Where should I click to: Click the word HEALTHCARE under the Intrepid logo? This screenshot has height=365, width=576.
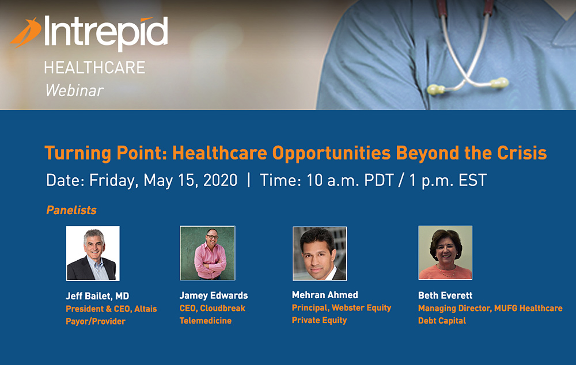94,67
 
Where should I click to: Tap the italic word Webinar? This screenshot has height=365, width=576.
74,90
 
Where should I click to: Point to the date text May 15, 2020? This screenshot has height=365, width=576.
190,180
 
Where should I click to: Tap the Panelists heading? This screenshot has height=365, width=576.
71,210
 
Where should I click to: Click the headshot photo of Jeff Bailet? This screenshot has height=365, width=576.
93,253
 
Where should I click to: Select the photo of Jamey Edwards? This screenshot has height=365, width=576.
207,253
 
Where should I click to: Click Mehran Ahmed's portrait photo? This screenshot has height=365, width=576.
320,253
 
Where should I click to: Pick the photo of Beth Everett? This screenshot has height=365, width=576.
445,253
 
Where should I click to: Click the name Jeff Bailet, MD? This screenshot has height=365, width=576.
97,296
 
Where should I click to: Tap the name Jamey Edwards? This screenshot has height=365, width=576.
214,295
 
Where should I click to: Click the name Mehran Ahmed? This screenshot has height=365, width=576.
325,295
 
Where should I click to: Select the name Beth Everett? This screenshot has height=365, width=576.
445,295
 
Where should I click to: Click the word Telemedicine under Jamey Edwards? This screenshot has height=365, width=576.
206,321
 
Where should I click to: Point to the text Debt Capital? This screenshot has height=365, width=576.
442,321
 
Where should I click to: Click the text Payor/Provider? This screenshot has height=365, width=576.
96,321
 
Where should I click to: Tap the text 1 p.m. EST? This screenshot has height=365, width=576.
448,180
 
